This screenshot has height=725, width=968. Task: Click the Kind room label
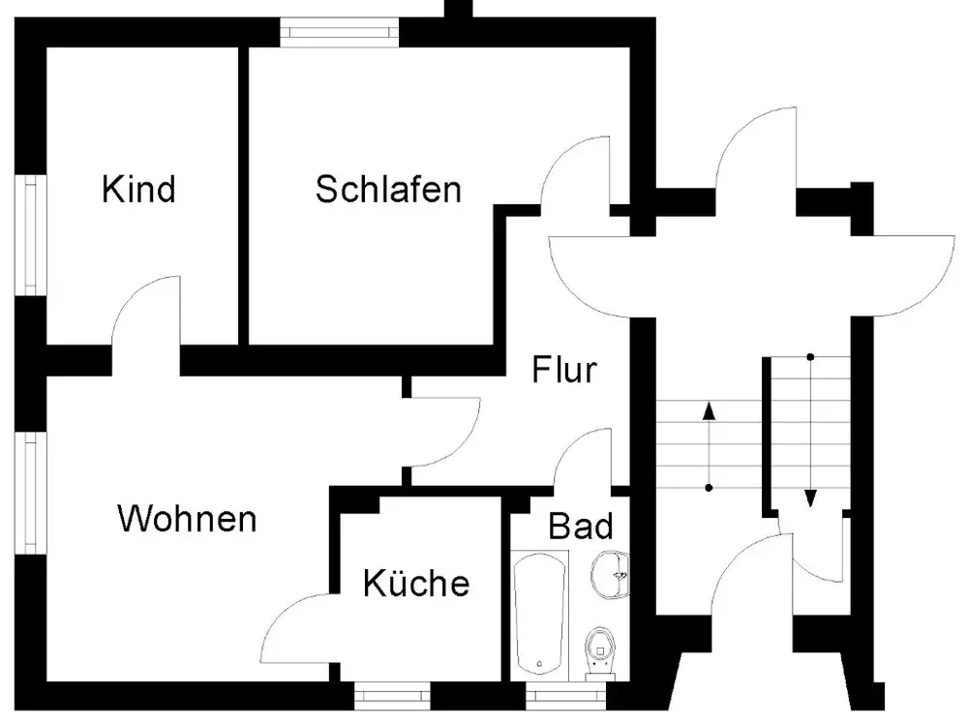coord(138,190)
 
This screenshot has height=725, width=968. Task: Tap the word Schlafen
coord(388,190)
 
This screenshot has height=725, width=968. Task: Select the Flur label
coord(564,370)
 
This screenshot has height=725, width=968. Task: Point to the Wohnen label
coord(187,519)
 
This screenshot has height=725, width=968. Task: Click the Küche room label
coord(416,584)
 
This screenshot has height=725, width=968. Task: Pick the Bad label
coord(581,527)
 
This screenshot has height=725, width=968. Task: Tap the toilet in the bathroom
coord(601,646)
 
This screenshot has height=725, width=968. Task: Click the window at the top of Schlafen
coord(340,31)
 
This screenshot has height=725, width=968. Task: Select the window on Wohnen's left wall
coord(30,495)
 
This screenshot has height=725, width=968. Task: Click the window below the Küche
coord(391,694)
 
